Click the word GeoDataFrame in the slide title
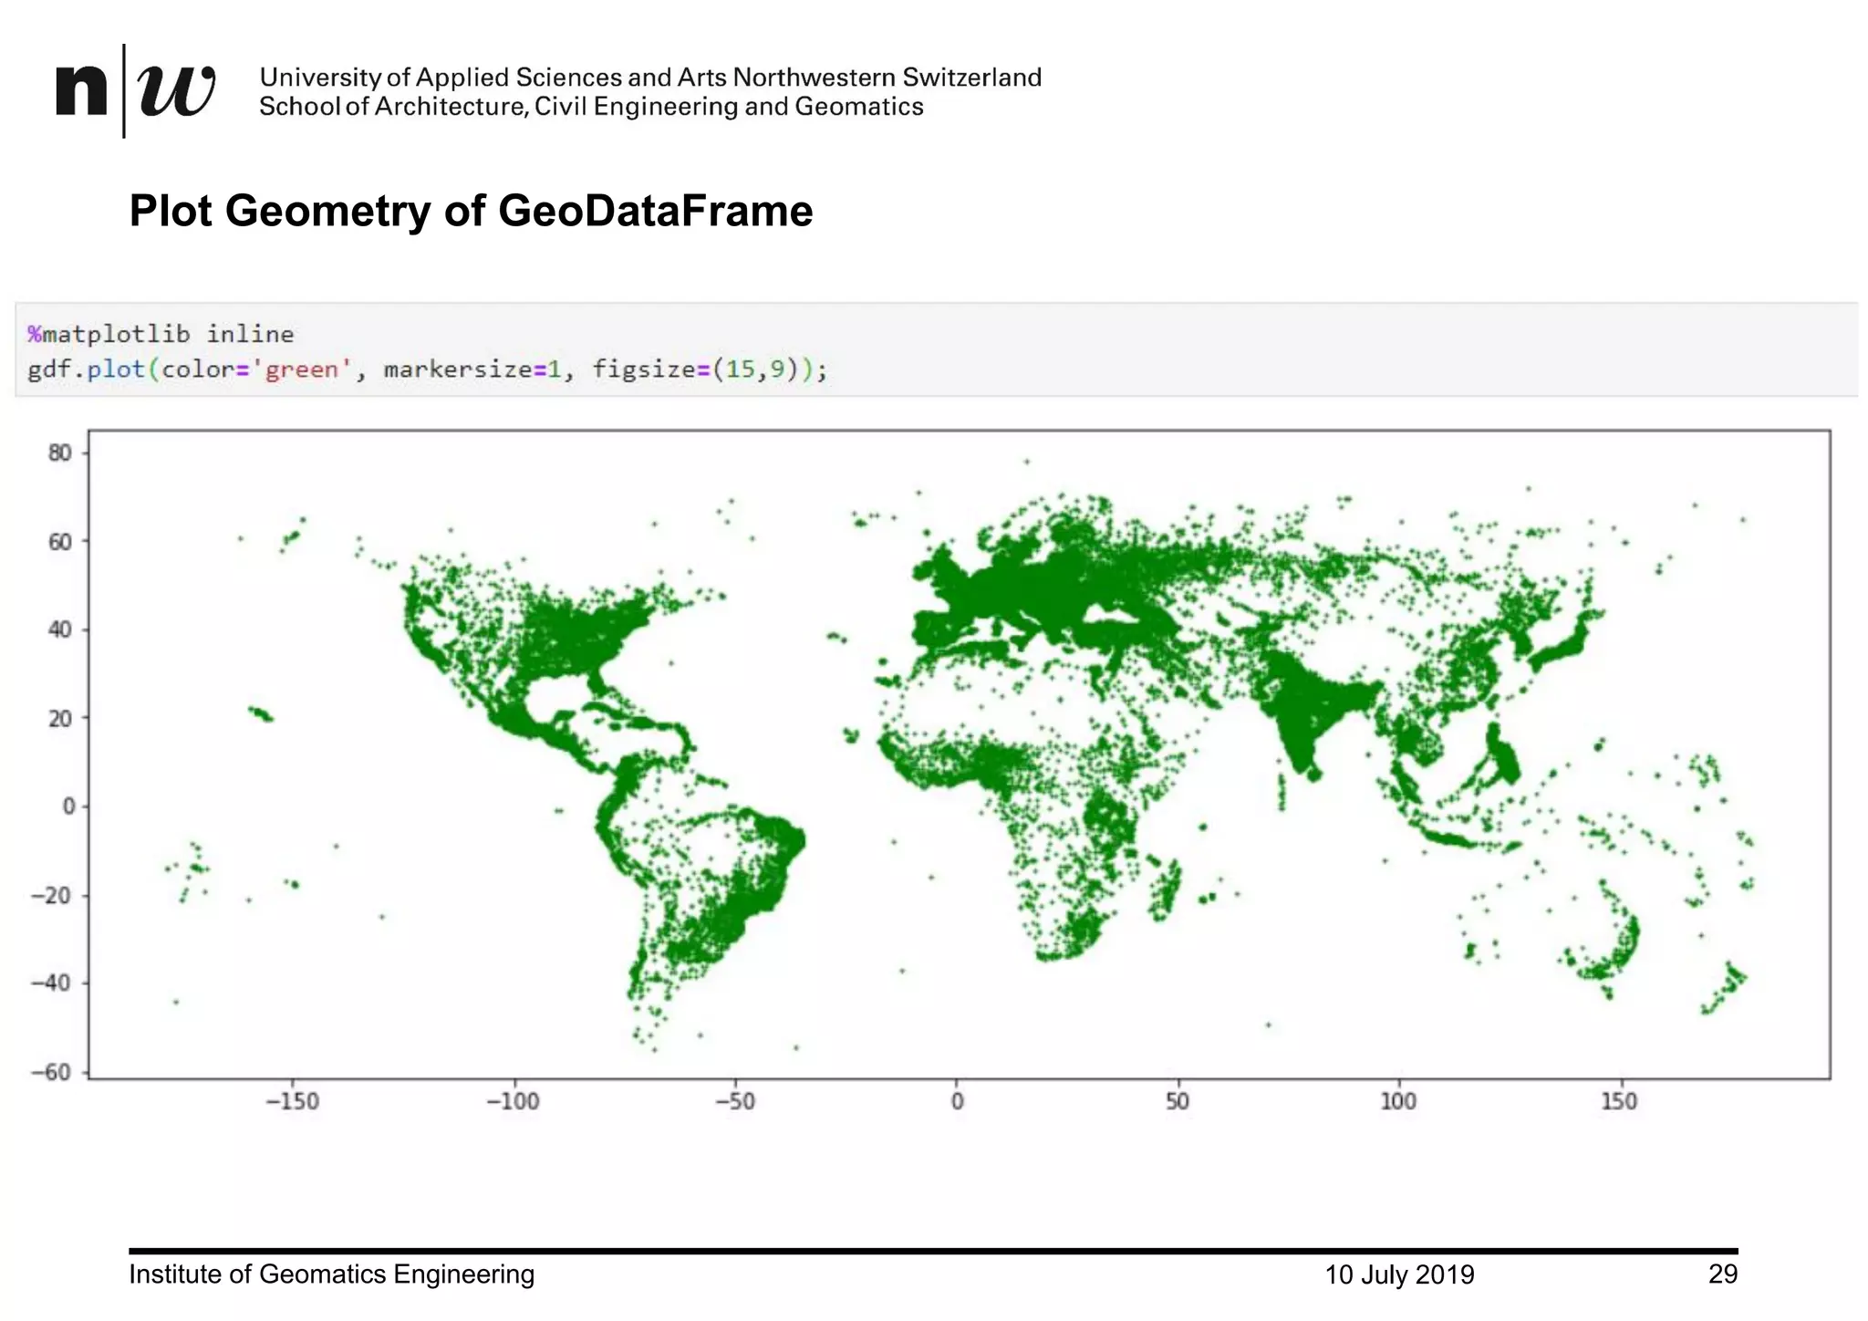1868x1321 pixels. point(655,211)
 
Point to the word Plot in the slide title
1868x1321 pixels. point(171,211)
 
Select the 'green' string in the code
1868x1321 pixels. point(302,369)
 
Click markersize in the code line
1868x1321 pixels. point(458,369)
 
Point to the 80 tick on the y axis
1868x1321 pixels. point(59,453)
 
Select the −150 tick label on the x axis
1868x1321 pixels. point(292,1102)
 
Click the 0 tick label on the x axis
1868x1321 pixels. point(957,1102)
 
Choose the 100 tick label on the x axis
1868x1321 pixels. point(1398,1102)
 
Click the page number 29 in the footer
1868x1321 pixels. point(1722,1274)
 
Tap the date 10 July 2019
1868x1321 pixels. point(1399,1274)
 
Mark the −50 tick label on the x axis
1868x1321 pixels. point(734,1102)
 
